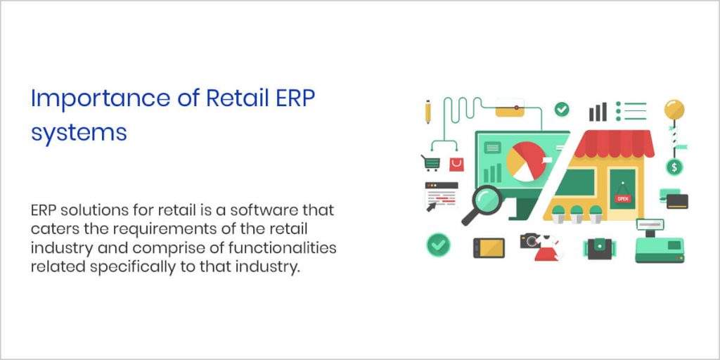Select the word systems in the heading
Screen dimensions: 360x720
pyautogui.click(x=79, y=132)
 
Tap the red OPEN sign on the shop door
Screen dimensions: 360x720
pyautogui.click(x=622, y=198)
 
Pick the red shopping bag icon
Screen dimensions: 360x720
pyautogui.click(x=456, y=164)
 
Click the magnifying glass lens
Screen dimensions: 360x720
pyautogui.click(x=486, y=199)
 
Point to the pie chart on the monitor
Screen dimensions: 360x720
pyautogui.click(x=524, y=161)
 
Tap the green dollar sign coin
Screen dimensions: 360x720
pyautogui.click(x=674, y=167)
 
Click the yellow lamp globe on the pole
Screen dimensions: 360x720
pyautogui.click(x=674, y=110)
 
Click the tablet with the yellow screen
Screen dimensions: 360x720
pyautogui.click(x=489, y=247)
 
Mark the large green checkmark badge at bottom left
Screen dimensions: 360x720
pyautogui.click(x=439, y=245)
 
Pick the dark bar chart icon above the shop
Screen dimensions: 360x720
pyautogui.click(x=598, y=111)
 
